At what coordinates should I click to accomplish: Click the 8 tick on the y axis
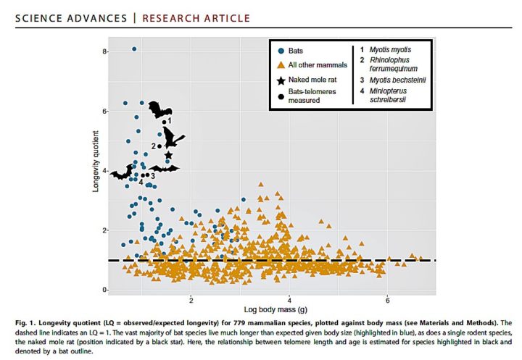(105, 52)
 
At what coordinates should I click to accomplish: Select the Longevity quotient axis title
(89, 171)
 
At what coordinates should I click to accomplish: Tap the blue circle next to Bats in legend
(281, 51)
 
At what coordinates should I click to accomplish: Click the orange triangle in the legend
(281, 66)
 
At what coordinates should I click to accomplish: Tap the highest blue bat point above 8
(134, 49)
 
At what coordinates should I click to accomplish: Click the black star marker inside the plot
(168, 155)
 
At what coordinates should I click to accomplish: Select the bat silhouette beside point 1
(159, 111)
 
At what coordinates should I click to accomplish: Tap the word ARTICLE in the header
(227, 17)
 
